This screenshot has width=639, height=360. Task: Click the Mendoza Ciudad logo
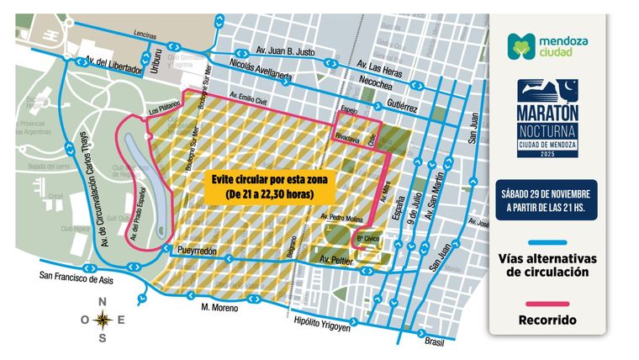pyautogui.click(x=547, y=46)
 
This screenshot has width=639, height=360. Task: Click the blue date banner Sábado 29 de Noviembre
pyautogui.click(x=547, y=199)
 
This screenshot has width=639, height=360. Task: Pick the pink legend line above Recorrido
pyautogui.click(x=547, y=304)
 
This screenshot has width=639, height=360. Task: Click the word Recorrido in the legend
pyautogui.click(x=547, y=320)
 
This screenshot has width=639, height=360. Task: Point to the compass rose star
pyautogui.click(x=103, y=319)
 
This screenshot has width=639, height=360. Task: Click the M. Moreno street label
pyautogui.click(x=219, y=308)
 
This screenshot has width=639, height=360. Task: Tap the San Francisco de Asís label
pyautogui.click(x=76, y=276)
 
